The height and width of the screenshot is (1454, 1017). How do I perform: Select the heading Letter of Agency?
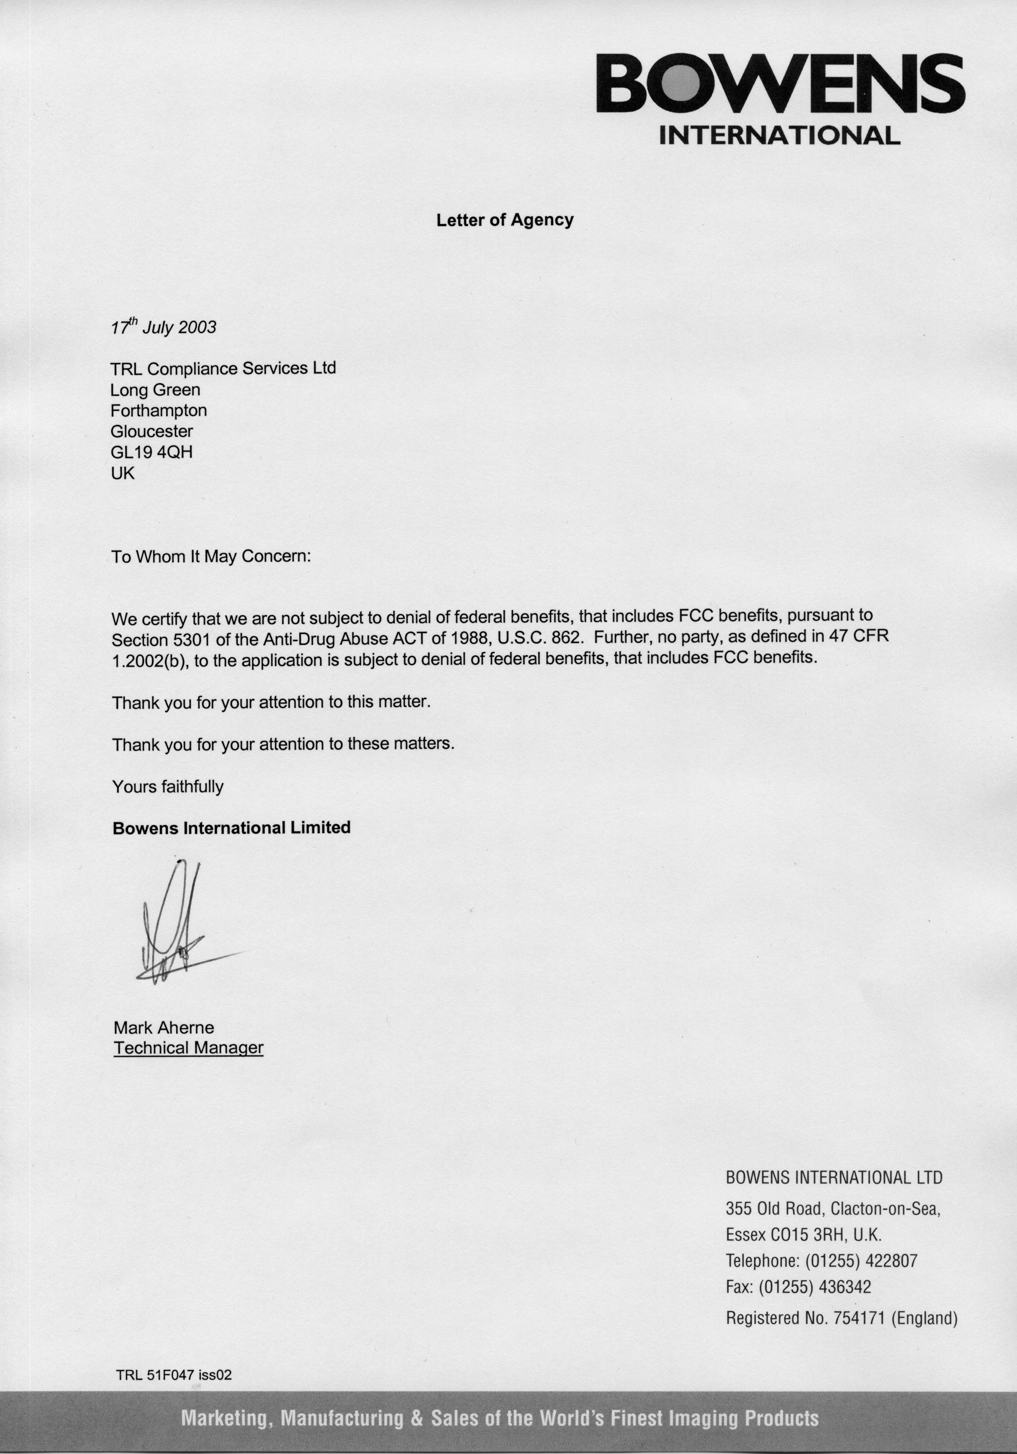click(505, 220)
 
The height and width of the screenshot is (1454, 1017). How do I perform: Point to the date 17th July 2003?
click(163, 327)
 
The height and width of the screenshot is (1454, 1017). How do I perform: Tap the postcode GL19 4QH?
click(152, 452)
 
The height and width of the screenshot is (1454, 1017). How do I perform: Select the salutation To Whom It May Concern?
click(211, 557)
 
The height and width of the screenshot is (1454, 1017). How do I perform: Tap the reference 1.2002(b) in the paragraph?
click(149, 661)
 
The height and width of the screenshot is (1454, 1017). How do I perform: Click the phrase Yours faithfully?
click(168, 787)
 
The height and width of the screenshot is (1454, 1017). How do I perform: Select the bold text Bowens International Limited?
click(231, 828)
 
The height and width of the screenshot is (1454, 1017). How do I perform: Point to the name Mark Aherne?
click(164, 1027)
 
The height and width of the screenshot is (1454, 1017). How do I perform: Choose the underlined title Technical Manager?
click(188, 1048)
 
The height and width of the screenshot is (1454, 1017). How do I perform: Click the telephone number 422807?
click(891, 1261)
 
